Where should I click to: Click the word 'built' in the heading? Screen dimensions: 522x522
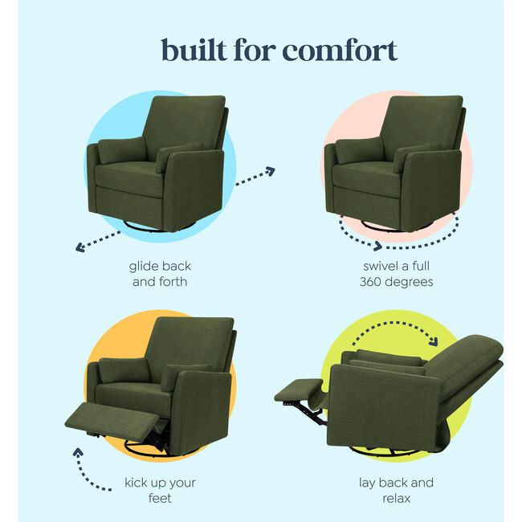(194, 50)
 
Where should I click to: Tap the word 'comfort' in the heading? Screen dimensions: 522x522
(340, 50)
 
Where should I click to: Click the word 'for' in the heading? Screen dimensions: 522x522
(254, 50)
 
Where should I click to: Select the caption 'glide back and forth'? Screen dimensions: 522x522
(160, 274)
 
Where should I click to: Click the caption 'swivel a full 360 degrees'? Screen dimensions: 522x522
(398, 274)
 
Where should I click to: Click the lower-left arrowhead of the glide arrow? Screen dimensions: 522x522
(80, 247)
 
